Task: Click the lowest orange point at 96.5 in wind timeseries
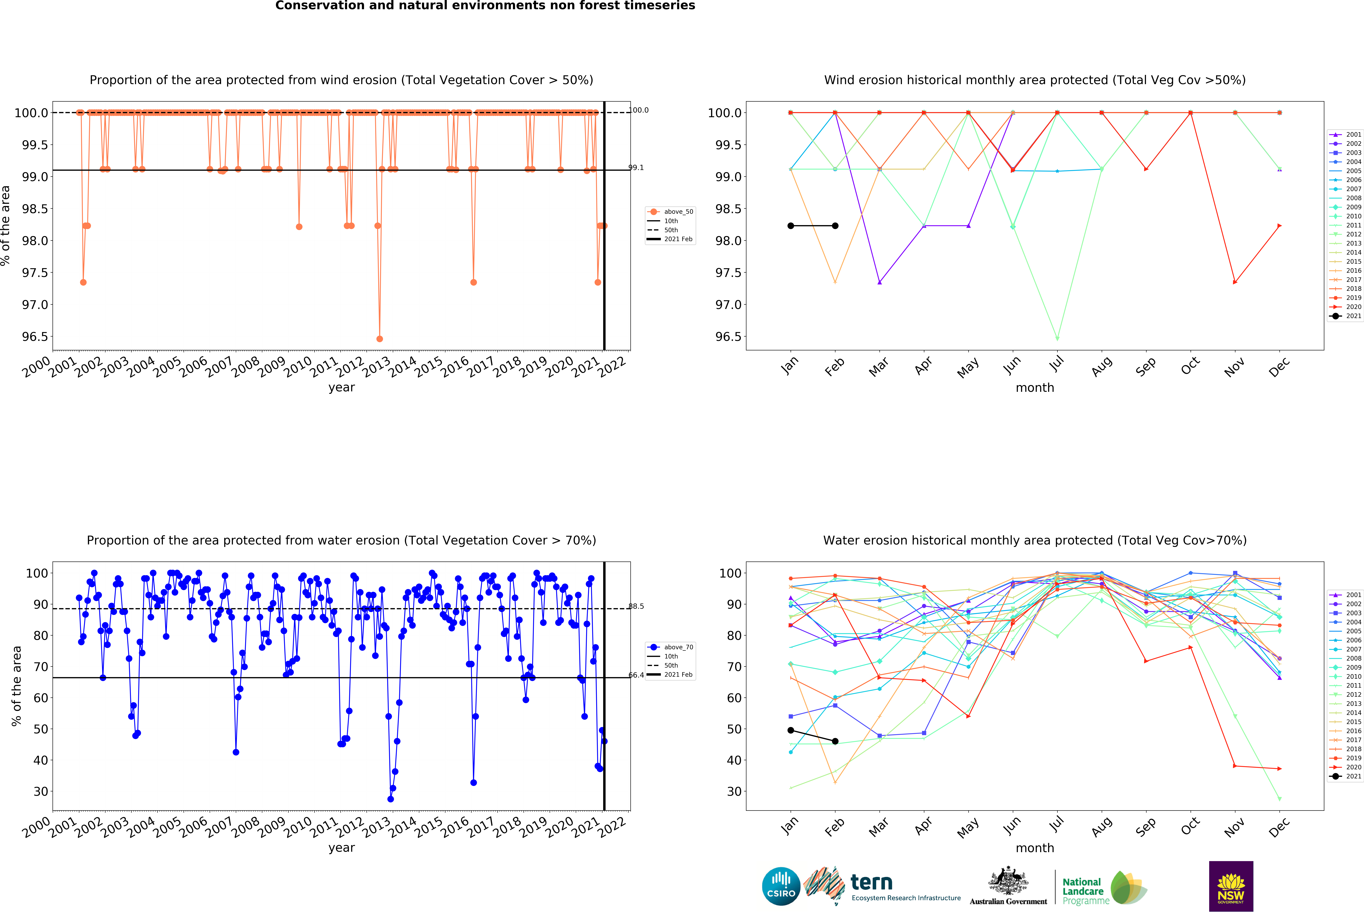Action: (380, 339)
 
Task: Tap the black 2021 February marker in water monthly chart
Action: (835, 741)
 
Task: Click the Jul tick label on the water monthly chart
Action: (1057, 825)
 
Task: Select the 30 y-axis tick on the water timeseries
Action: (41, 791)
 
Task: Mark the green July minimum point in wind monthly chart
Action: (1057, 339)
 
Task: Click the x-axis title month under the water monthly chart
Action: (1035, 848)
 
